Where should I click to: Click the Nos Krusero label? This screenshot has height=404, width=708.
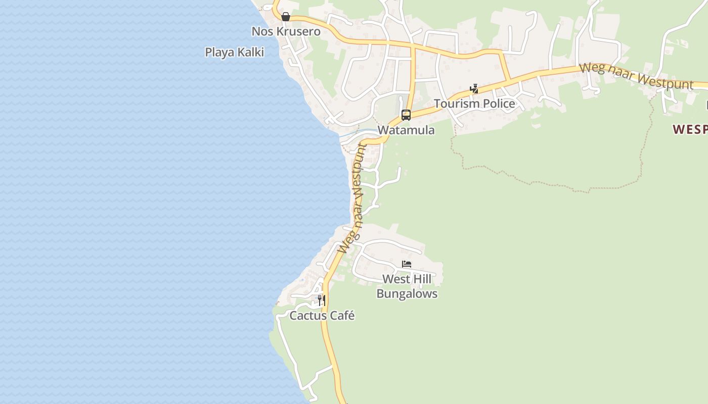(286, 31)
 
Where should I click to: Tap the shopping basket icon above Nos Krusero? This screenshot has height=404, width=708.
(286, 17)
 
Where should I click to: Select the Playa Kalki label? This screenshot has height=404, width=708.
(234, 52)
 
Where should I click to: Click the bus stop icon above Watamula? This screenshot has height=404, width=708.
(406, 115)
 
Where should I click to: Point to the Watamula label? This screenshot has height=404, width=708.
(406, 130)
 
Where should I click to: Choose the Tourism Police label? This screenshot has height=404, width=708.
(474, 104)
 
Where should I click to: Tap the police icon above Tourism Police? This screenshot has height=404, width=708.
(474, 89)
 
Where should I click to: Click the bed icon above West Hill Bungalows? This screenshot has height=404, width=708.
(406, 264)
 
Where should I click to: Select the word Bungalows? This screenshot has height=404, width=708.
(407, 293)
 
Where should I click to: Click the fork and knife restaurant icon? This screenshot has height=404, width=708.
(321, 300)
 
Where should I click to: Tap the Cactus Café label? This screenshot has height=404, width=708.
(322, 316)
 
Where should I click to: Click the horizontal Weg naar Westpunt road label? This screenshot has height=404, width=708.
(636, 76)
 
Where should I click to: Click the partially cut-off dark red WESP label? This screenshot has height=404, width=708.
(690, 130)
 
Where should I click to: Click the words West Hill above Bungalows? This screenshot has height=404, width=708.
(407, 279)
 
